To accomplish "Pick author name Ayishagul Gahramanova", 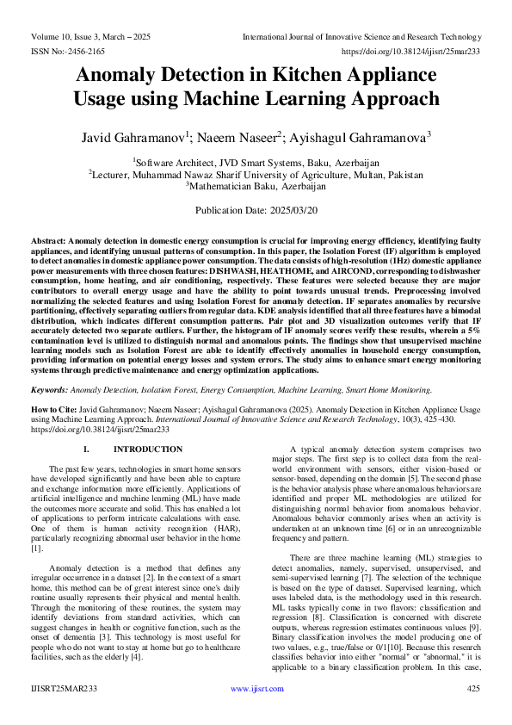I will pos(365,137).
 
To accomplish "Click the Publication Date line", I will pos(256,210).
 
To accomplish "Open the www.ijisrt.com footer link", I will pos(256,689).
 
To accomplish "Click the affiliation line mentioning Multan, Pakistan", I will pos(256,174).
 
